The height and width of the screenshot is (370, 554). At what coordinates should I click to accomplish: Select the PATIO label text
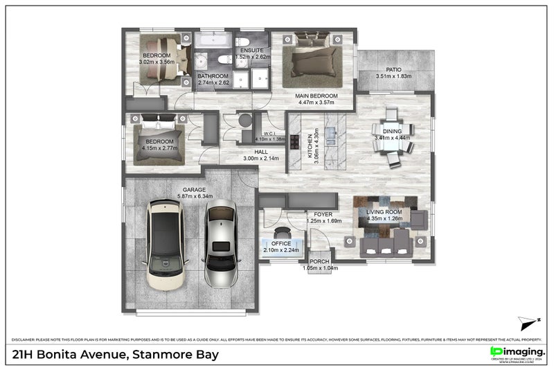(393, 70)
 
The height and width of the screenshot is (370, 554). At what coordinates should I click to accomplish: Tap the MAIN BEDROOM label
(316, 96)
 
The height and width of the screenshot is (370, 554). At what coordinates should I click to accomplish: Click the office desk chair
(281, 234)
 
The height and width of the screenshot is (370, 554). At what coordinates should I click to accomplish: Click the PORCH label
(319, 261)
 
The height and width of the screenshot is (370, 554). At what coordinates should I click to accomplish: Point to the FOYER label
(323, 214)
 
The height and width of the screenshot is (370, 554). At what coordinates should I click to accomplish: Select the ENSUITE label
(251, 50)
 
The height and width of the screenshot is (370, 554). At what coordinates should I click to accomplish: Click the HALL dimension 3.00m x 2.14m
(260, 158)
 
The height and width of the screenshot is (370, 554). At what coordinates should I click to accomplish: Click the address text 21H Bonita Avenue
(69, 355)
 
